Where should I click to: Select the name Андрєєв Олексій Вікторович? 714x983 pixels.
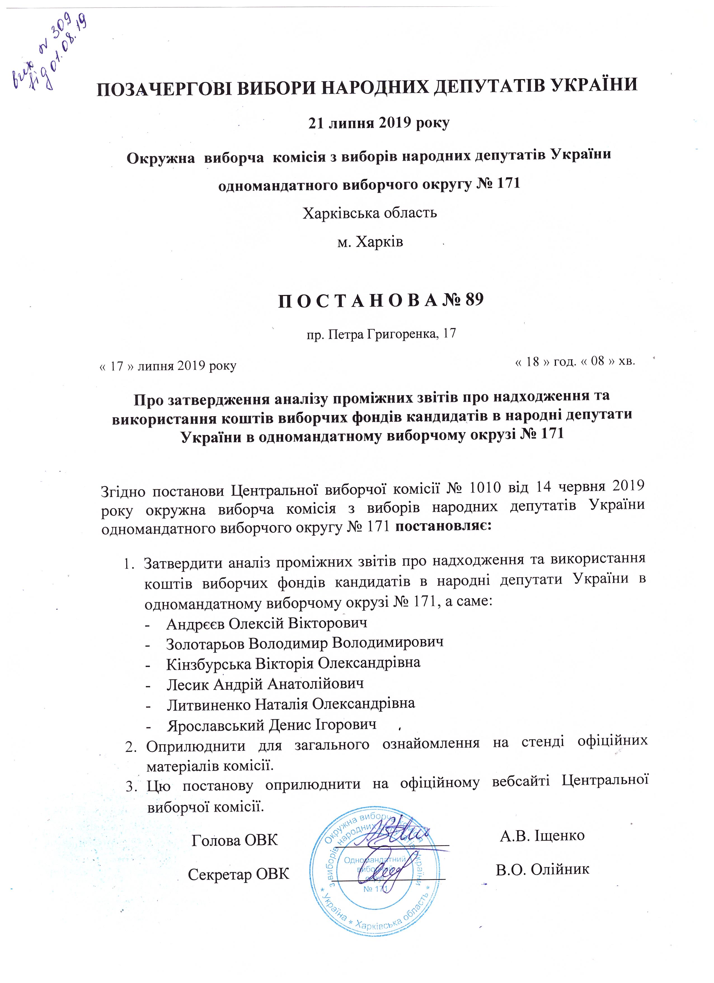point(267,623)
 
